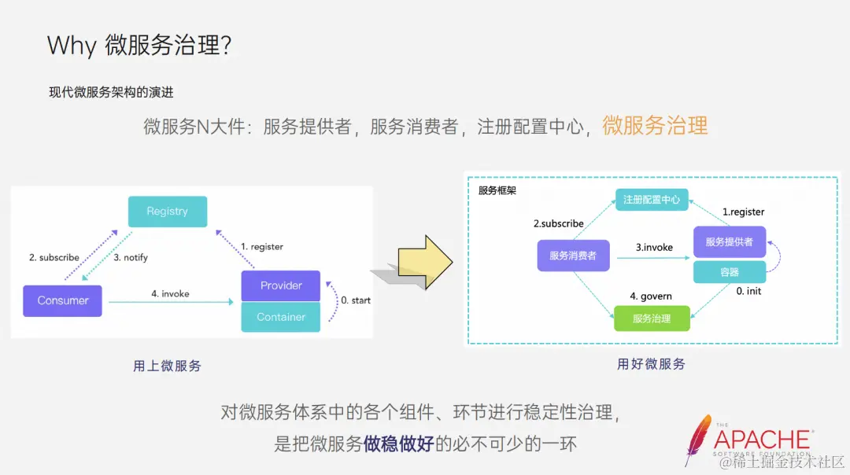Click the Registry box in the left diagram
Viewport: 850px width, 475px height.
(168, 212)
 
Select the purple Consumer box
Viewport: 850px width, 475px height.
(63, 300)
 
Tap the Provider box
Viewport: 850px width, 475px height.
(281, 285)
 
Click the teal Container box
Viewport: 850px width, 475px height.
(281, 317)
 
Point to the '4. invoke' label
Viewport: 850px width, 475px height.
(170, 293)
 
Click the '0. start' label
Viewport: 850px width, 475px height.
(355, 300)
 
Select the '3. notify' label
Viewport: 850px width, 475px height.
(131, 257)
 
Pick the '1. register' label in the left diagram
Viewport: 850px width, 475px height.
(262, 246)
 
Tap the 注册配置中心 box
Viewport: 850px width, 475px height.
(652, 200)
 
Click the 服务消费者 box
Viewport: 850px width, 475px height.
(573, 256)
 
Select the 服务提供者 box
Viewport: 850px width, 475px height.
(729, 242)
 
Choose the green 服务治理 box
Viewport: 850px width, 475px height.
(652, 319)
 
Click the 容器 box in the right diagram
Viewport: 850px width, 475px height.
(729, 272)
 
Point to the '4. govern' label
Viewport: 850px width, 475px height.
(651, 296)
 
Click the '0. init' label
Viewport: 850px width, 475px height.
(748, 291)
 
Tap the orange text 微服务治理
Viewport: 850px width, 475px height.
(655, 125)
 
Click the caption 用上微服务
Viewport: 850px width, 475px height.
(167, 366)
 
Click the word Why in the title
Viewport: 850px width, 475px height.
(71, 45)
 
